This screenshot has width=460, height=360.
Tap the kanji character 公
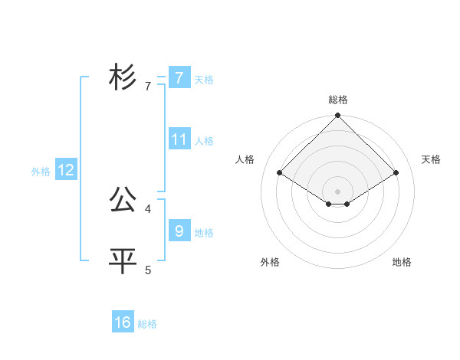[123, 201]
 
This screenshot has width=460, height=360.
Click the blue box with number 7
[179, 77]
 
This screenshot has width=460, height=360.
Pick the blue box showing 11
[179, 139]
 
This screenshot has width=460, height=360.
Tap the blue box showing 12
[66, 170]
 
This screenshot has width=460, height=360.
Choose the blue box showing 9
[179, 230]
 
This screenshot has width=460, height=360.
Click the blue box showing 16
[123, 322]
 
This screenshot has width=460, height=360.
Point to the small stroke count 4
[148, 208]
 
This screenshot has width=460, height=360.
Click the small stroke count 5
[148, 270]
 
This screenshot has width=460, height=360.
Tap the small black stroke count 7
[148, 87]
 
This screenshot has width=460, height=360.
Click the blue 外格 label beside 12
[41, 172]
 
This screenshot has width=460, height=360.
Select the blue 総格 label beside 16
[147, 324]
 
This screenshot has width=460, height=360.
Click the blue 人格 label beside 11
[204, 141]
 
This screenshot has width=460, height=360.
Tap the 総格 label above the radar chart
[338, 100]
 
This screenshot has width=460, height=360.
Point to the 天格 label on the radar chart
[431, 159]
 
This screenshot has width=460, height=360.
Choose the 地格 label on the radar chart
[402, 262]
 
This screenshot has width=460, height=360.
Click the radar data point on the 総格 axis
[338, 116]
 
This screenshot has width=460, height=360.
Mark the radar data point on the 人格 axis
[280, 173]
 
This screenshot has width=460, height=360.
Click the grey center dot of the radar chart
[338, 191]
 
